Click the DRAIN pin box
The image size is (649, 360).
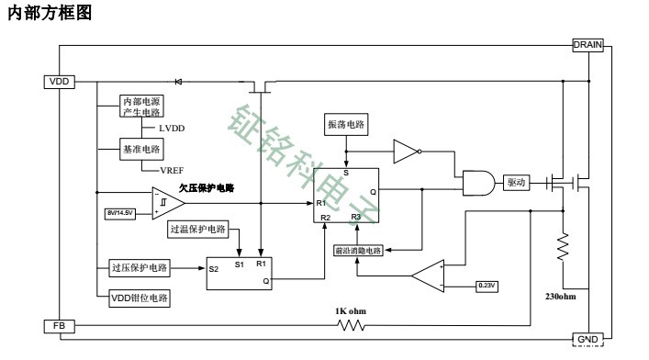click(587, 44)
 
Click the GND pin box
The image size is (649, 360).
click(587, 340)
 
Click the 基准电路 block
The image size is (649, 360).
click(141, 148)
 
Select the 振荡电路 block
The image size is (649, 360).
click(345, 123)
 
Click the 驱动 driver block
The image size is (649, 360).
click(517, 183)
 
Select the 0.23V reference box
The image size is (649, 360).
click(487, 286)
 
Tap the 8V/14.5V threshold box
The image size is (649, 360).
click(120, 213)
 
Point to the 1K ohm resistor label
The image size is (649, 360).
click(351, 310)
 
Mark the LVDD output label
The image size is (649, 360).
click(172, 129)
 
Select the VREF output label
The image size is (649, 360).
click(172, 170)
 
